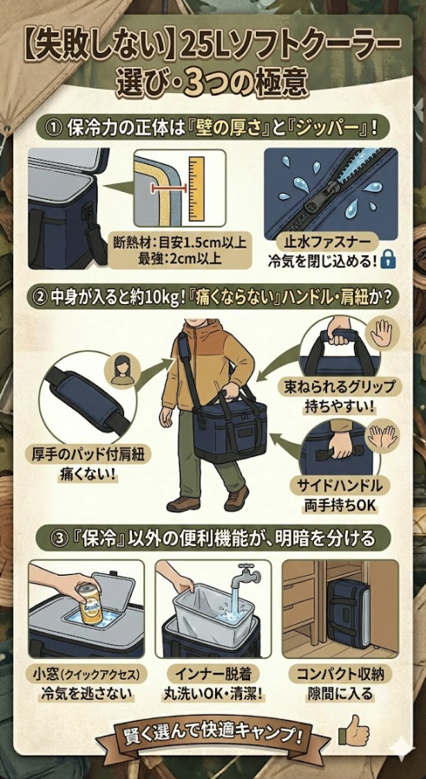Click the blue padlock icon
tap(387, 261)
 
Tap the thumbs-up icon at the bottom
tap(353, 729)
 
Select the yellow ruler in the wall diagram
tap(197, 188)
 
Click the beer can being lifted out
tap(89, 605)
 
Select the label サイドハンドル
tap(339, 485)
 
